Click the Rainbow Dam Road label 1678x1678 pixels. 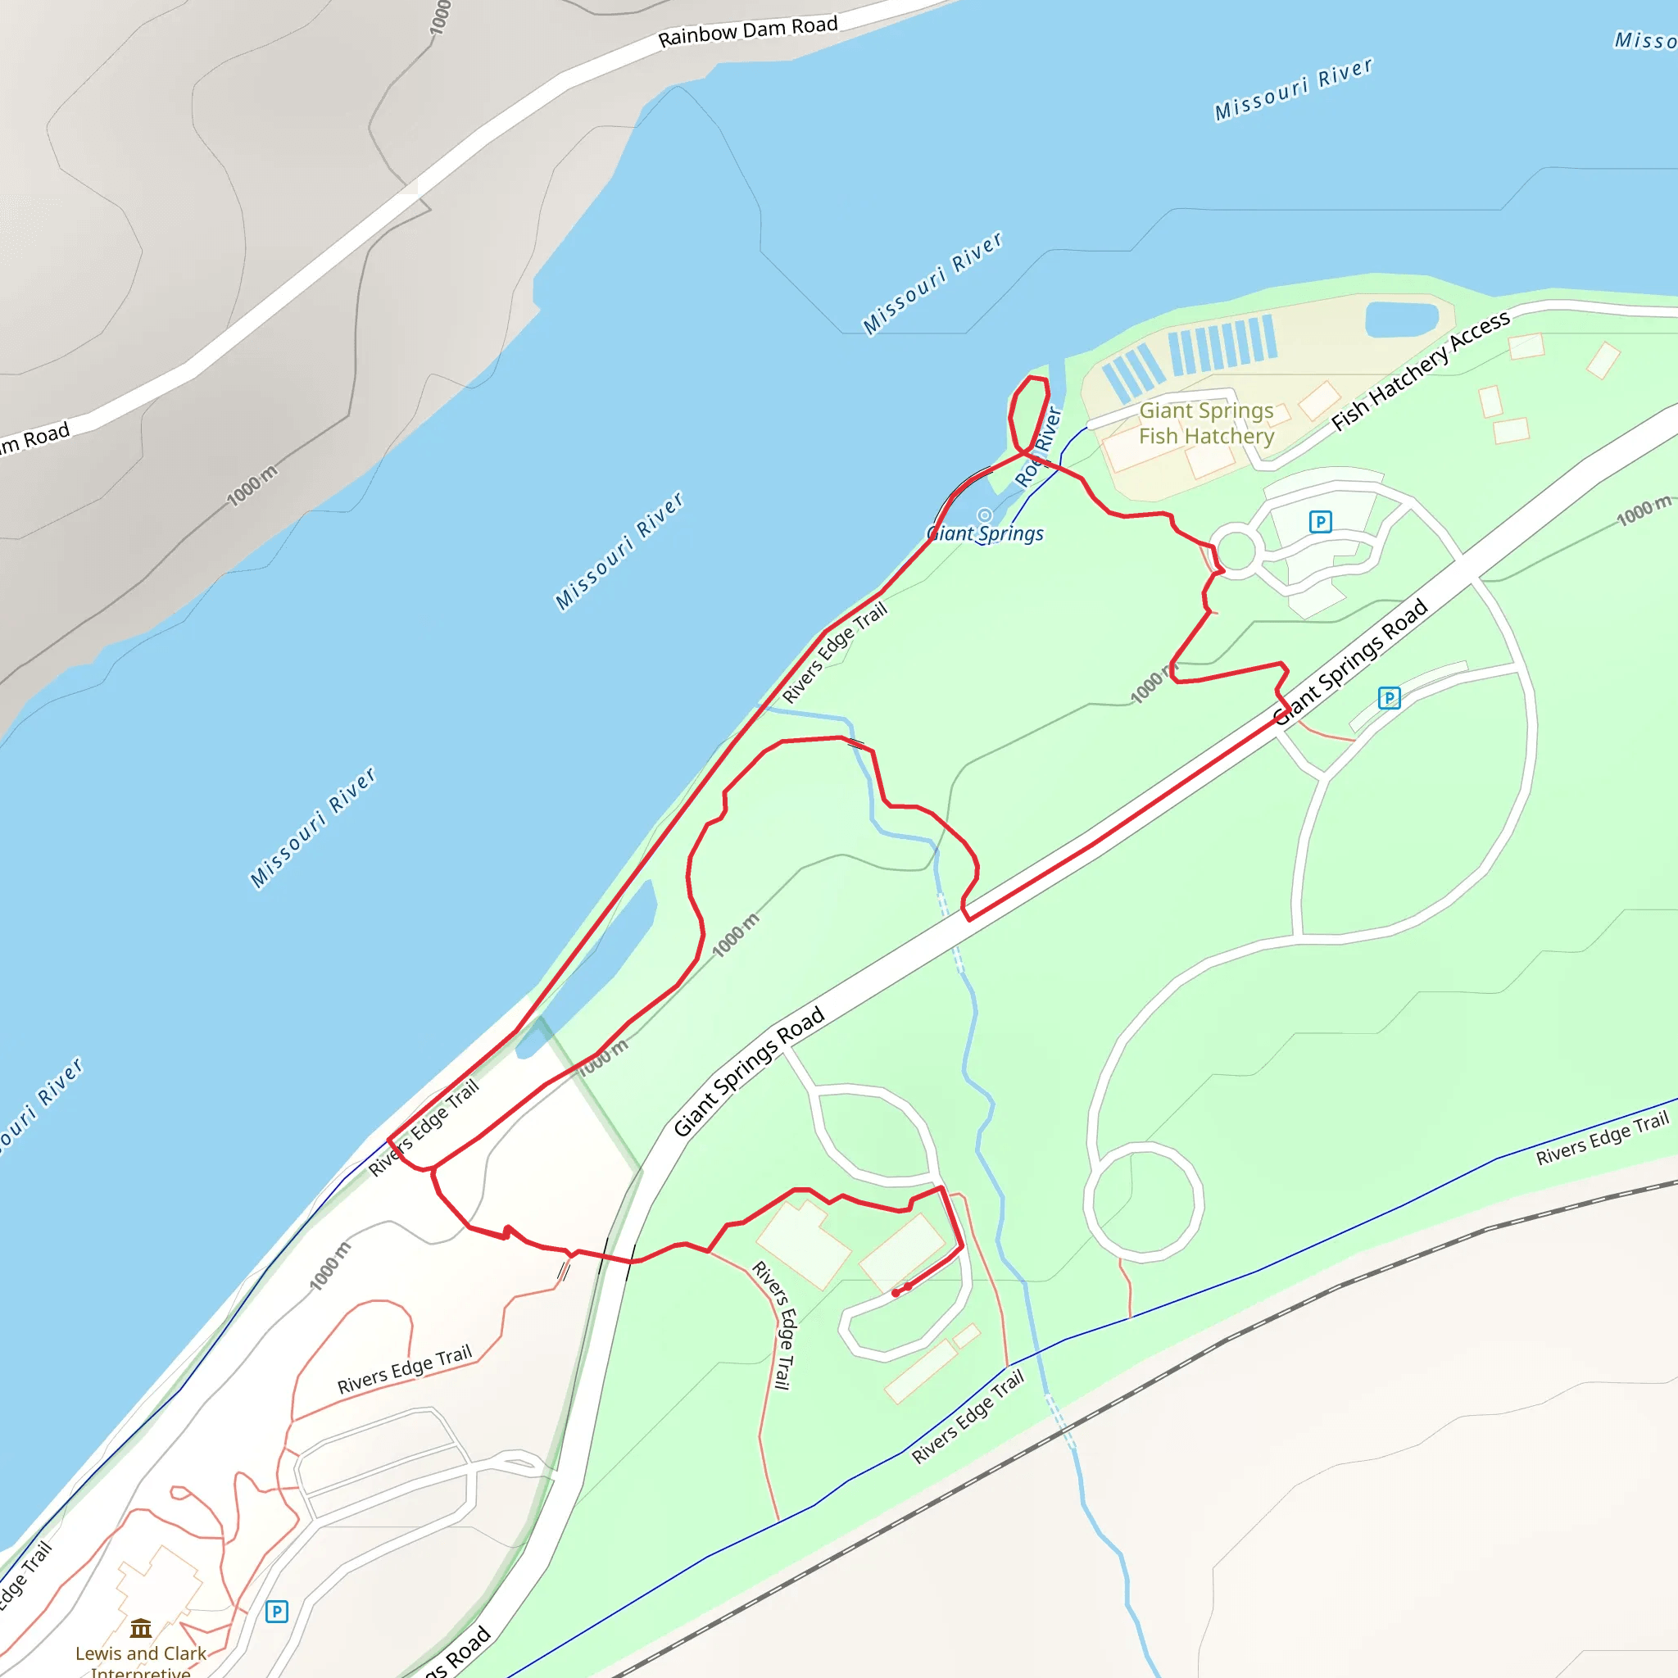click(x=747, y=31)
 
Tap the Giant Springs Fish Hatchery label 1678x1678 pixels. click(x=1205, y=423)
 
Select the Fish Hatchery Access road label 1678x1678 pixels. click(x=1420, y=371)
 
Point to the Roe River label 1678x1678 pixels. click(x=1038, y=447)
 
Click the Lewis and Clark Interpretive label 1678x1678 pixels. click(x=141, y=1660)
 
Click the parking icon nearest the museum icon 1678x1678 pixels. click(x=276, y=1612)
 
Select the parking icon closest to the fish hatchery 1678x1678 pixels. click(x=1320, y=521)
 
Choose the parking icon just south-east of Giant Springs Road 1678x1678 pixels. click(x=1389, y=697)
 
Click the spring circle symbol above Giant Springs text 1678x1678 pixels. click(x=984, y=515)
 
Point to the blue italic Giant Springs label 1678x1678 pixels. click(x=985, y=533)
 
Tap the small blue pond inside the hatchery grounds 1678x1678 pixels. click(x=1401, y=319)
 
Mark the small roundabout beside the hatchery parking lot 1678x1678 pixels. click(x=1235, y=551)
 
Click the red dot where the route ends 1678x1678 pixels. click(x=896, y=1293)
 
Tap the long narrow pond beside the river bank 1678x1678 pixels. click(x=599, y=964)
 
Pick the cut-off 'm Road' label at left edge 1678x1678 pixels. click(x=34, y=438)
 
